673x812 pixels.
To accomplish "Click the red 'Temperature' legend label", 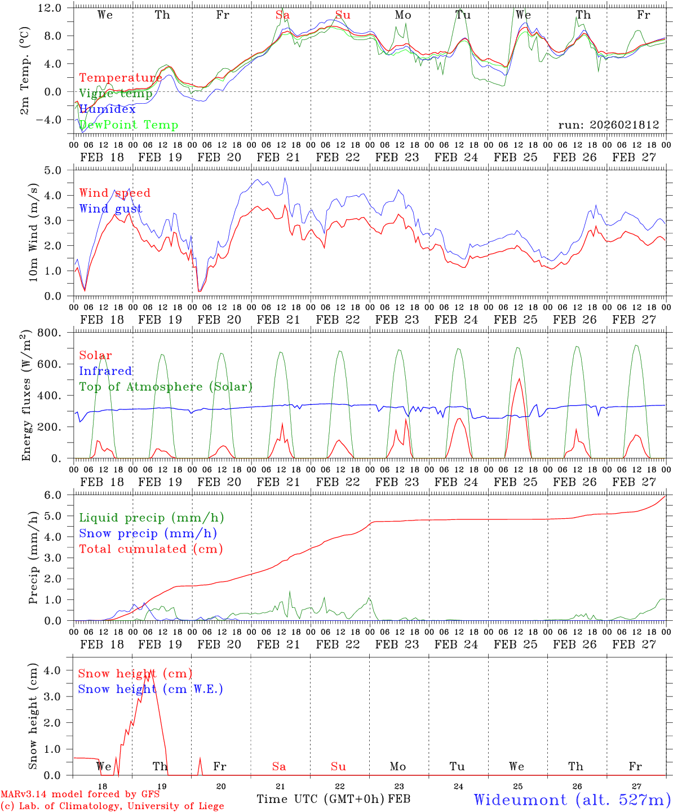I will point(120,78).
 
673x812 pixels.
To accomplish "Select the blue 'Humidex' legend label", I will point(107,109).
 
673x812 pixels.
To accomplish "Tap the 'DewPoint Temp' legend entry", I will point(129,125).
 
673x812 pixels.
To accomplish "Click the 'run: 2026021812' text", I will point(608,125).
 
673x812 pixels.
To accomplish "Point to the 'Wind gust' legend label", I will point(110,209).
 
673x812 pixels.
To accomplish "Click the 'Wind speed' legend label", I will point(115,193).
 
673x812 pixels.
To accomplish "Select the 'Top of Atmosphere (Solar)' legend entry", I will point(166,387).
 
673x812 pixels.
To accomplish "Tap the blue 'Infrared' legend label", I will point(105,371).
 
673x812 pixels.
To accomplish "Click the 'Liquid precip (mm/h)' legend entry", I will point(152,518).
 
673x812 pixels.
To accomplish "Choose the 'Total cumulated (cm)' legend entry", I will point(151,549).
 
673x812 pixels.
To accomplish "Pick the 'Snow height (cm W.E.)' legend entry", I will point(150,689).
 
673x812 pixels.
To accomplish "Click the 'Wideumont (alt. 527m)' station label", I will point(572,800).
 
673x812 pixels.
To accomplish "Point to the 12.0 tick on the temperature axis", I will point(56,8).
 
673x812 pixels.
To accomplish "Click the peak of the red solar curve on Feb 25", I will point(519,378).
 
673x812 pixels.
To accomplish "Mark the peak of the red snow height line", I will point(150,670).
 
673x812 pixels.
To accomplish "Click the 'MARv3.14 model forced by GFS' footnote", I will point(79,795).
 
